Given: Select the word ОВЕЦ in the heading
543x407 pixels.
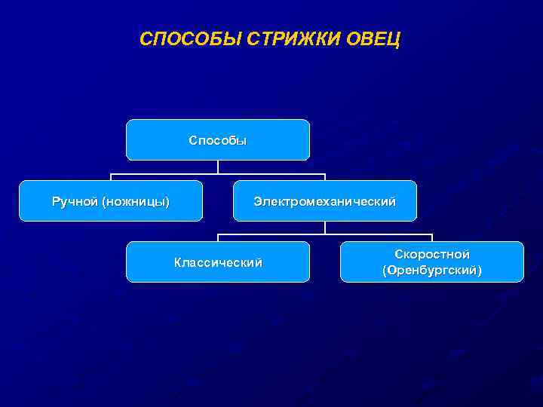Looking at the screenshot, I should (374, 38).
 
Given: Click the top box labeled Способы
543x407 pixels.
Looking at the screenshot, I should (218, 140).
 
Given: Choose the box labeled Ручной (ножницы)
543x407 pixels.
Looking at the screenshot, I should (111, 201).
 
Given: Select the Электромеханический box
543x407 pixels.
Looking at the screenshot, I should (324, 201).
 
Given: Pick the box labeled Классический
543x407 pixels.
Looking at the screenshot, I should (218, 262).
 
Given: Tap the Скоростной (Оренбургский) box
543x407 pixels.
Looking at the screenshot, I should (431, 262).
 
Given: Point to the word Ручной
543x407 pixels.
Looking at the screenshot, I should (75, 201).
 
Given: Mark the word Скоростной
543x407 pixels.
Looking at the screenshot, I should (432, 255).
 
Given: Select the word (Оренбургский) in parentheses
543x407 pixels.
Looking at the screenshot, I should (432, 270).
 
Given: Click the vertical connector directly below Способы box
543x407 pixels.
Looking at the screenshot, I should (218, 167).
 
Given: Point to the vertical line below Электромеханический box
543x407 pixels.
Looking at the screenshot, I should (325, 228).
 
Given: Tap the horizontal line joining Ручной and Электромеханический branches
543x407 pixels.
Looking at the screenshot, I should (166, 174).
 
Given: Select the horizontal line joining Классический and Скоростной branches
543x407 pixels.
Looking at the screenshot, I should (377, 235).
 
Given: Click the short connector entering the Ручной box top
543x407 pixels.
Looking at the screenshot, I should (111, 178).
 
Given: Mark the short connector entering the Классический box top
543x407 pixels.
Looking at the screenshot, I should (218, 238).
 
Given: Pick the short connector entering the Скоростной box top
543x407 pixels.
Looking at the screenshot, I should (432, 238).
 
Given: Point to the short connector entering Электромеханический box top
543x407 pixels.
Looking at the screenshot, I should (325, 178).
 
